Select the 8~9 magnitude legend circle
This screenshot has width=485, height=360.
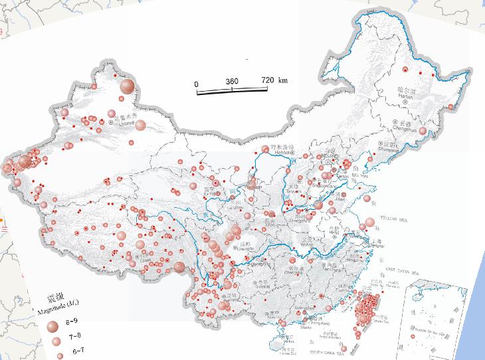click(x=52, y=325)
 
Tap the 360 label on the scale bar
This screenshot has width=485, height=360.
click(x=232, y=81)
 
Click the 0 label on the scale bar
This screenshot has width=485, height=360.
click(x=196, y=84)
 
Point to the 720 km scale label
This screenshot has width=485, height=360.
click(x=274, y=80)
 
